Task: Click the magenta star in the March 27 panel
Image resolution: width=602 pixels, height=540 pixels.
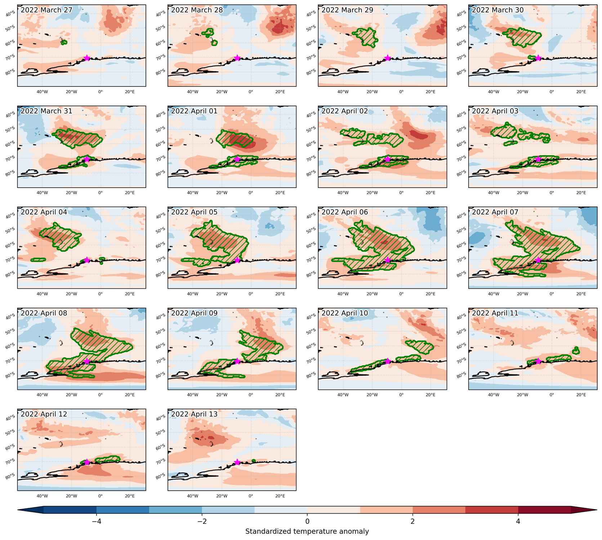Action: [x=87, y=58]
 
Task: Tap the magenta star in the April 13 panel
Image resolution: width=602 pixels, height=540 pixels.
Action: [x=237, y=462]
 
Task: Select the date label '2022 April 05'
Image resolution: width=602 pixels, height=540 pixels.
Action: [x=194, y=212]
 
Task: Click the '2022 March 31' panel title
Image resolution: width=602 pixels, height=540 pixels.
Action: [x=46, y=111]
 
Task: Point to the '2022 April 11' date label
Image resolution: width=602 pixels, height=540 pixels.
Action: [x=495, y=313]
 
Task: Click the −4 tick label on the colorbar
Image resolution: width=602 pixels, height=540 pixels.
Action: [x=96, y=521]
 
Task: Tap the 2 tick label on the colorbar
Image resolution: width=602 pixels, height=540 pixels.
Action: [x=413, y=521]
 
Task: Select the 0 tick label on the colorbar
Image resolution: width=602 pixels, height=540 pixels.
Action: [x=307, y=521]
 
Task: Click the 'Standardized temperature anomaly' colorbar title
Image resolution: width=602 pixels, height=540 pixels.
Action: [x=307, y=532]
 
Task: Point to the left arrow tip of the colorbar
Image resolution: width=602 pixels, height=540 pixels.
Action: [x=18, y=510]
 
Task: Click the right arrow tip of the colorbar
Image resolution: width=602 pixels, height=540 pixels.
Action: [x=597, y=510]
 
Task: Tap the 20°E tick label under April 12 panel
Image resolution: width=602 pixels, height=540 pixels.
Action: [x=130, y=496]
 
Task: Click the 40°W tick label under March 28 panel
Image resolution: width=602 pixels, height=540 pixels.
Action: [x=193, y=92]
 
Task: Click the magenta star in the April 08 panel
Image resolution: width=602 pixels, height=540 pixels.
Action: [x=87, y=361]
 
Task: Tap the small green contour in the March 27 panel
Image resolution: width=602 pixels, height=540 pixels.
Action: [x=64, y=42]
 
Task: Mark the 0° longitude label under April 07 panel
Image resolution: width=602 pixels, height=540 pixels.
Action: [x=552, y=294]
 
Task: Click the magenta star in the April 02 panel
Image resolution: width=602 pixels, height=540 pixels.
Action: [x=388, y=159]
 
